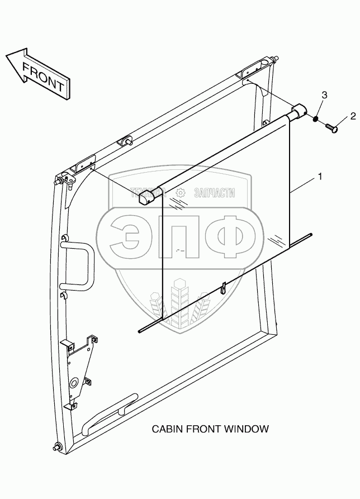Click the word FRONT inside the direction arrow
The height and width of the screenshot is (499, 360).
point(42,76)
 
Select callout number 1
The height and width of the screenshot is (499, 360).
point(319,178)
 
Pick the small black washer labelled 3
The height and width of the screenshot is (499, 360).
point(316,119)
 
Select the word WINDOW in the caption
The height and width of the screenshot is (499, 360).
point(248,429)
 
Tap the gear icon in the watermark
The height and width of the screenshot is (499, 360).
point(180,194)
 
